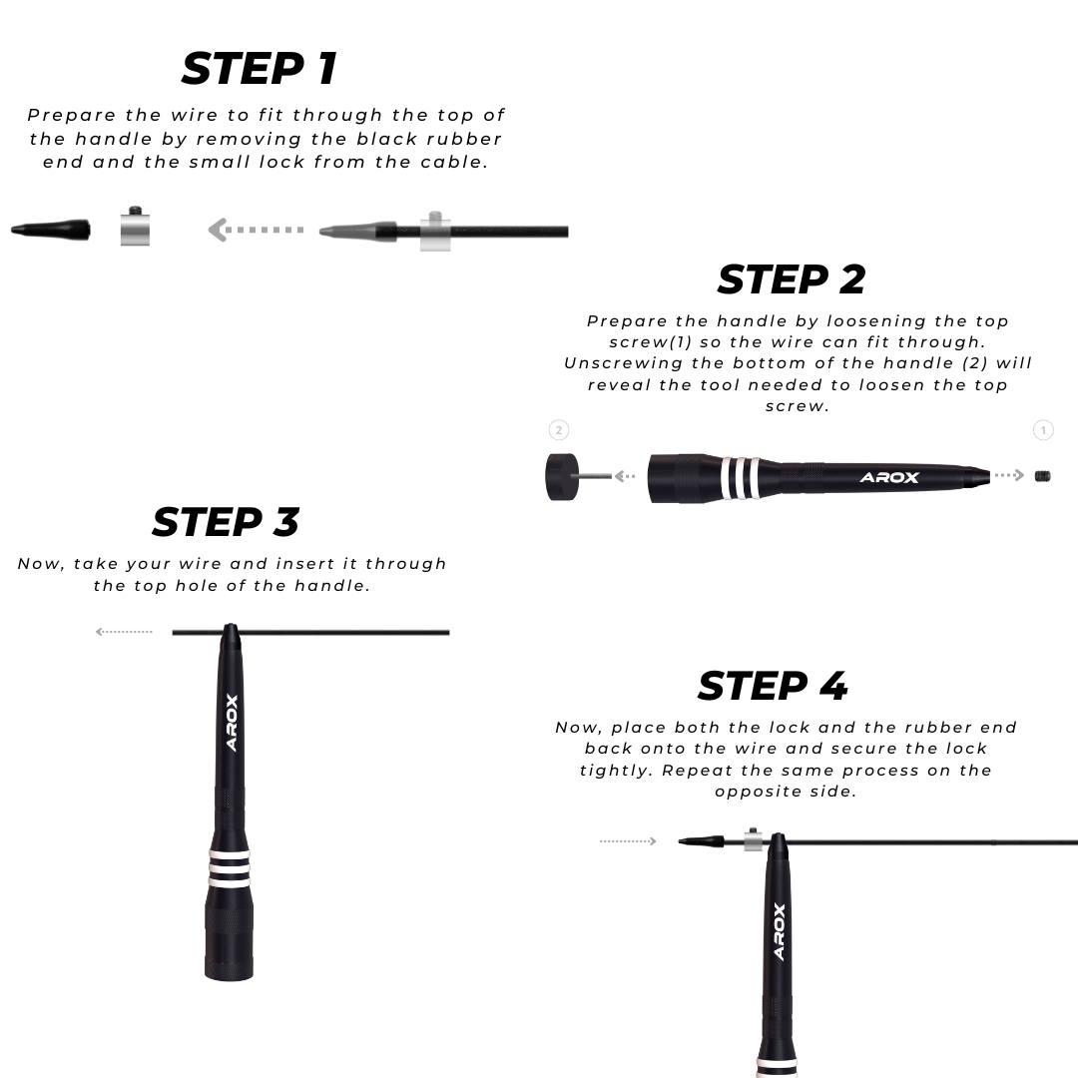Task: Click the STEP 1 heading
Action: click(260, 69)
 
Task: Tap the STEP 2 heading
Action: click(792, 279)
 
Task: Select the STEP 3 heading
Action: click(226, 522)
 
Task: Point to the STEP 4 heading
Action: click(773, 686)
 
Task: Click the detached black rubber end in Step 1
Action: click(51, 230)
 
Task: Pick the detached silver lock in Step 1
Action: click(135, 226)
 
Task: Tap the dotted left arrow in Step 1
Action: click(256, 230)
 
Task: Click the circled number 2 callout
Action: click(559, 430)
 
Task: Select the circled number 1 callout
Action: click(1043, 430)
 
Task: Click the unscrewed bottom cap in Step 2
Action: click(562, 476)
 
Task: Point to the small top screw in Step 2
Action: click(1042, 476)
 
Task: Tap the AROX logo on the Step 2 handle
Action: click(889, 477)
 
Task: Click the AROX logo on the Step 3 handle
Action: click(232, 723)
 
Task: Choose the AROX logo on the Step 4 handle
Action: click(779, 931)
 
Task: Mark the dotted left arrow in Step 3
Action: click(124, 631)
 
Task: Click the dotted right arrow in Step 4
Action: click(628, 840)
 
